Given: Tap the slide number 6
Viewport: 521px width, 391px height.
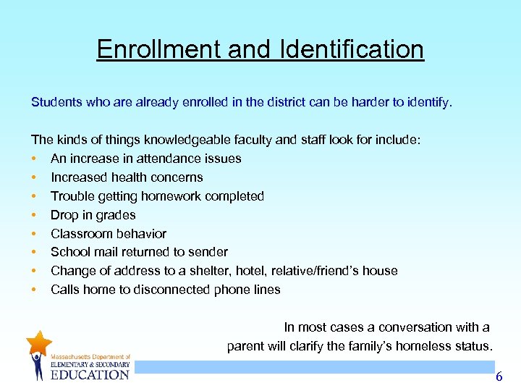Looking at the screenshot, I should coord(498,377).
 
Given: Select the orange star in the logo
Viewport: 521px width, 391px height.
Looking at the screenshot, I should coord(38,342).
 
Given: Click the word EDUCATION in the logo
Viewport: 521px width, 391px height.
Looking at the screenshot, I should coord(90,374).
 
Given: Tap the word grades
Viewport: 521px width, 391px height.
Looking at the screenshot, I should coord(116,215).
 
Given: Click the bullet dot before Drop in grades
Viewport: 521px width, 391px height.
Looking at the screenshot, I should coord(34,215).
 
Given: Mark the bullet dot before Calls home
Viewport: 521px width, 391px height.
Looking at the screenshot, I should coord(34,290).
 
